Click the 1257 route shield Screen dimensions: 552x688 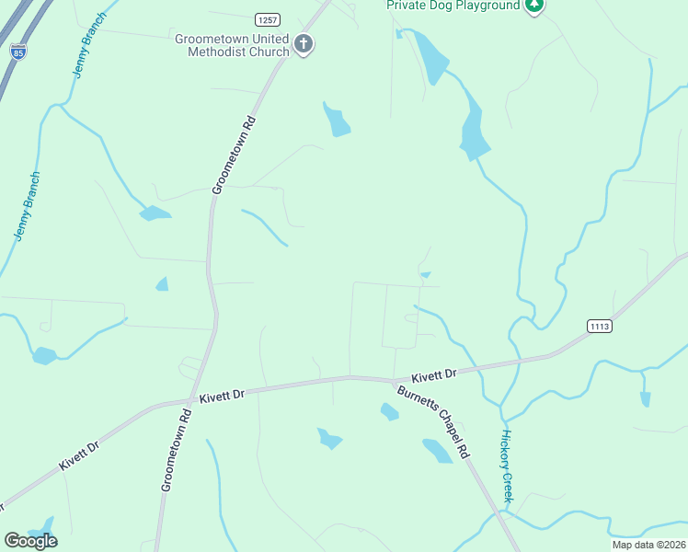pyautogui.click(x=267, y=18)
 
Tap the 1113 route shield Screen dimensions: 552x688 pyautogui.click(x=599, y=326)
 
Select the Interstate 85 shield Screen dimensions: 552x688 pyautogui.click(x=18, y=51)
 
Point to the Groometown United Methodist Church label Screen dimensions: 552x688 pyautogui.click(x=232, y=45)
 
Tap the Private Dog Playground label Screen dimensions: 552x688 pyautogui.click(x=453, y=6)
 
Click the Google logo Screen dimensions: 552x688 pyautogui.click(x=30, y=541)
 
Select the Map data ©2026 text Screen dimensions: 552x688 pyautogui.click(x=648, y=545)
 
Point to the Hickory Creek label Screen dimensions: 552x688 pyautogui.click(x=506, y=466)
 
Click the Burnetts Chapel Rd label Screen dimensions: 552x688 pyautogui.click(x=434, y=421)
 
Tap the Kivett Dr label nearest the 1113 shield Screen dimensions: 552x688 pyautogui.click(x=434, y=375)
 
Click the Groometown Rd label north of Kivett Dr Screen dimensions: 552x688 pyautogui.click(x=233, y=155)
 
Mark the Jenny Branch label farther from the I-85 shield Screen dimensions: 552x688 pyautogui.click(x=27, y=207)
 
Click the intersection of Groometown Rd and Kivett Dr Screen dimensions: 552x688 pyautogui.click(x=194, y=400)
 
